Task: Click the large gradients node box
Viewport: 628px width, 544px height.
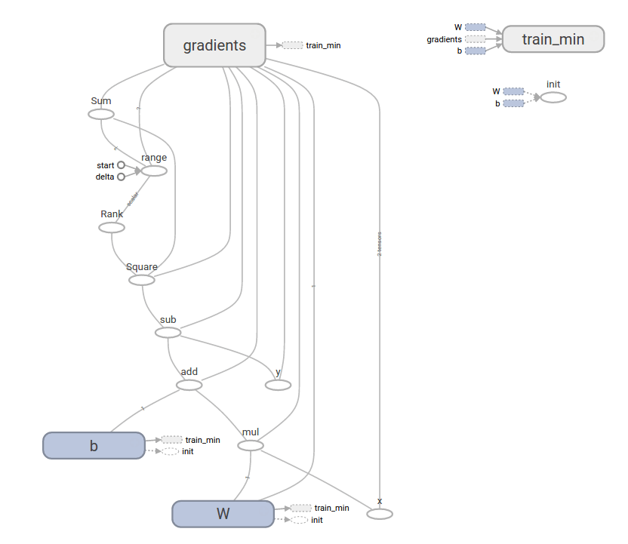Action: point(215,45)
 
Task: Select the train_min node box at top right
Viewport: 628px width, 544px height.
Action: point(553,39)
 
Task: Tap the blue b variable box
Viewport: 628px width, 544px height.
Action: point(94,445)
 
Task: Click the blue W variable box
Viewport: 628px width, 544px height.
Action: point(223,514)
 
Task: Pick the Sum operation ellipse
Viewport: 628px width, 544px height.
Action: point(101,114)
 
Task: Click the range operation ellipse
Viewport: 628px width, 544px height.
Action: point(154,171)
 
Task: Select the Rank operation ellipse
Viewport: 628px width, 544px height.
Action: point(112,227)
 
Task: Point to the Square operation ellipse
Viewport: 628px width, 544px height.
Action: point(142,280)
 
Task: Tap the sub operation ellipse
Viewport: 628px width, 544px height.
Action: point(168,333)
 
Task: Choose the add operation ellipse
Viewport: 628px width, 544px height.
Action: point(189,386)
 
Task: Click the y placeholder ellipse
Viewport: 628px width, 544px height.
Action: point(278,386)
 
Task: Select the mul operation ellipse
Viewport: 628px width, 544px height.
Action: point(251,446)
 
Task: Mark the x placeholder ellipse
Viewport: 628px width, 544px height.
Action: point(380,514)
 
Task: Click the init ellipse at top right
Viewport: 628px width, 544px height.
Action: point(553,97)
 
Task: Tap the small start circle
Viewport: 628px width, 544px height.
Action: point(121,165)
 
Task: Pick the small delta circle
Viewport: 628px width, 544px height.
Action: point(121,177)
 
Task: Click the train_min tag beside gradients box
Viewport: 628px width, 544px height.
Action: point(293,45)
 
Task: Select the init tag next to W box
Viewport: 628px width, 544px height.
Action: point(300,520)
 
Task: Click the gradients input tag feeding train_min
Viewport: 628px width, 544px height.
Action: point(476,39)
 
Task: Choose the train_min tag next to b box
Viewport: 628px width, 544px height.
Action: point(172,440)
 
